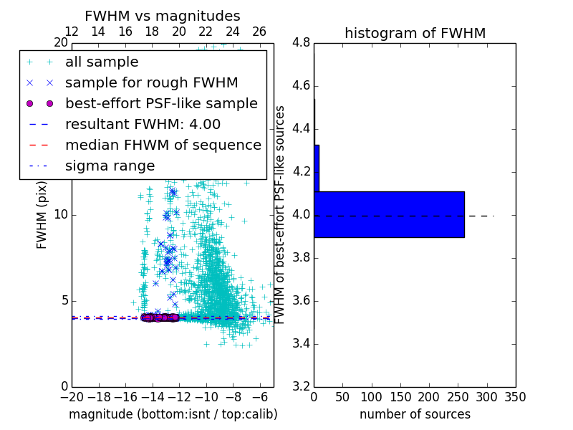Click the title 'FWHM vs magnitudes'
point(163,16)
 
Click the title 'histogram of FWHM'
point(415,33)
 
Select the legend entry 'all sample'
point(102,62)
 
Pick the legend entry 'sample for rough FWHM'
point(151,82)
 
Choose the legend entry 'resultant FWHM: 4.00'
point(143,124)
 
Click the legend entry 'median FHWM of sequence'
point(163,145)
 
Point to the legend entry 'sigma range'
point(110,166)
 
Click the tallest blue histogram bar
point(389,214)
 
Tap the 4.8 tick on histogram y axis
point(302,43)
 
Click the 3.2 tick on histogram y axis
point(302,386)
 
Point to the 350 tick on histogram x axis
point(515,397)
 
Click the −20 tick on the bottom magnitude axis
point(72,397)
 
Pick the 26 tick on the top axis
point(259,32)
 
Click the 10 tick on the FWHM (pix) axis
point(62,215)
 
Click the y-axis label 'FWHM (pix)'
point(42,215)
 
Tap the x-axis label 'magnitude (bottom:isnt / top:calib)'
point(173,414)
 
